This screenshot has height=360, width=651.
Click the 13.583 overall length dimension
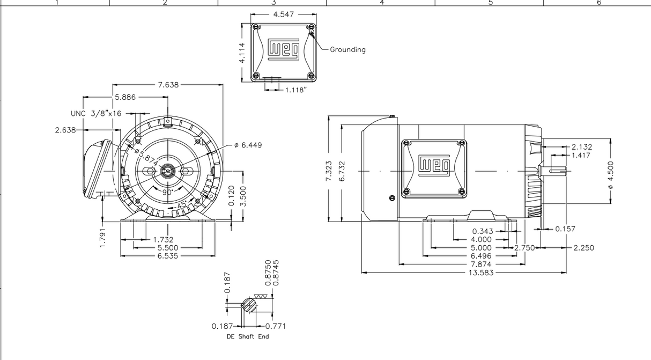pos(481,273)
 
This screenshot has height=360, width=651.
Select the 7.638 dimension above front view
pos(168,85)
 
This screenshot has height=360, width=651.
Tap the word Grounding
pos(347,49)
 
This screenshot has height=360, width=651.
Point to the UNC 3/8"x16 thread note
pos(96,114)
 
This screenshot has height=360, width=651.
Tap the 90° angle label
pos(167,192)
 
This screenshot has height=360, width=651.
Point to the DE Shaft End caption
pos(248,337)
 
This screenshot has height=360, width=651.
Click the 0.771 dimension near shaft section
pos(276,326)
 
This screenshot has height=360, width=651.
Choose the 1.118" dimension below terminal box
pos(295,90)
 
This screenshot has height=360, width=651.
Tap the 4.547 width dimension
pos(283,14)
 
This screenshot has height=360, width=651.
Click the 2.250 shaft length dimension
pos(583,248)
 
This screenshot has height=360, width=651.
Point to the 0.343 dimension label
pos(482,231)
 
